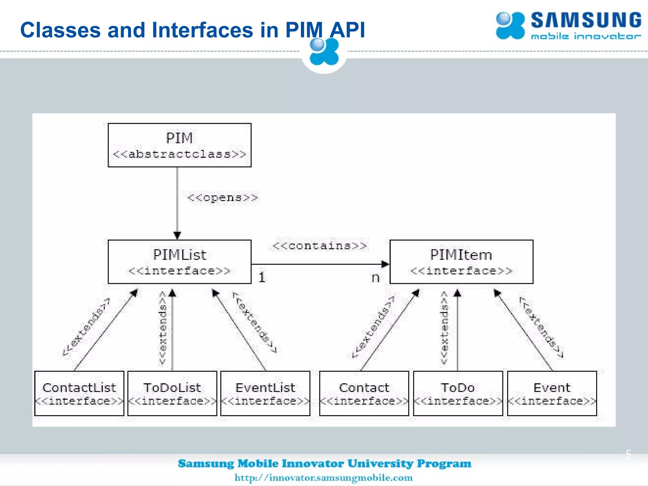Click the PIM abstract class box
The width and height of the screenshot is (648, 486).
pos(179,145)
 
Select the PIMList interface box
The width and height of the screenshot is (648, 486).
pos(179,262)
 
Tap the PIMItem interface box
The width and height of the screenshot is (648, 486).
pos(461,262)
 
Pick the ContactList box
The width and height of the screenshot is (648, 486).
pos(79,393)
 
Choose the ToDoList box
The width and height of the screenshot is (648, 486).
pos(172,393)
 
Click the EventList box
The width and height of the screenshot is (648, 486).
pos(265,393)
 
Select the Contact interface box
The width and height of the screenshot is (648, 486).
pos(364,393)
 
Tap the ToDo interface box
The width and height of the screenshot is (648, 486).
pos(458,393)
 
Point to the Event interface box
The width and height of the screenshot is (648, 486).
pos(552,393)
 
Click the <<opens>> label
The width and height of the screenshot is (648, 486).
pos(222,198)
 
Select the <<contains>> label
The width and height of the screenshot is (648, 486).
pos(320,246)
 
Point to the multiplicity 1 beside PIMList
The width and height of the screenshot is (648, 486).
pos(262,277)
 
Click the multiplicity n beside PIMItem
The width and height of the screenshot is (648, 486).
pos(375,277)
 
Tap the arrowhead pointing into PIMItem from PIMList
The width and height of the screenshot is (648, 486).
pos(385,264)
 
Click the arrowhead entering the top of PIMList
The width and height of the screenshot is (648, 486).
pos(177,235)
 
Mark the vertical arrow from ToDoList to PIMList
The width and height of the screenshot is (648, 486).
pos(172,332)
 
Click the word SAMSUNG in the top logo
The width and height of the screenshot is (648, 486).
pos(586,21)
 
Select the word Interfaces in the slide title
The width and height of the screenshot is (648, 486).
pos(202,30)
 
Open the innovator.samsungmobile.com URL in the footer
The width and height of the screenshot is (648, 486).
pos(323,477)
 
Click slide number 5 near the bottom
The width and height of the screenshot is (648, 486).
pos(628,454)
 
